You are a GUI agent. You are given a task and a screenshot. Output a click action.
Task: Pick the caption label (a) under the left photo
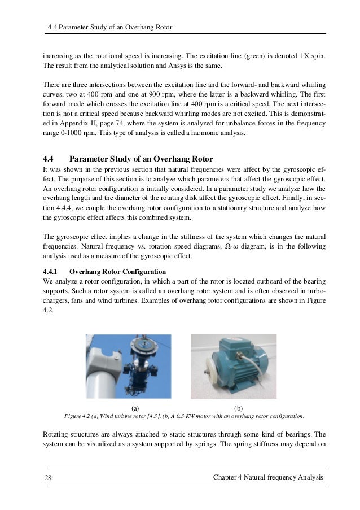pos(134,407)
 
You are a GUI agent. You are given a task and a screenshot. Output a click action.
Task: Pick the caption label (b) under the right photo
pos(238,407)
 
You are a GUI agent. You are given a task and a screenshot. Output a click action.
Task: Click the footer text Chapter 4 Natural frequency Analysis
pos(268,478)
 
